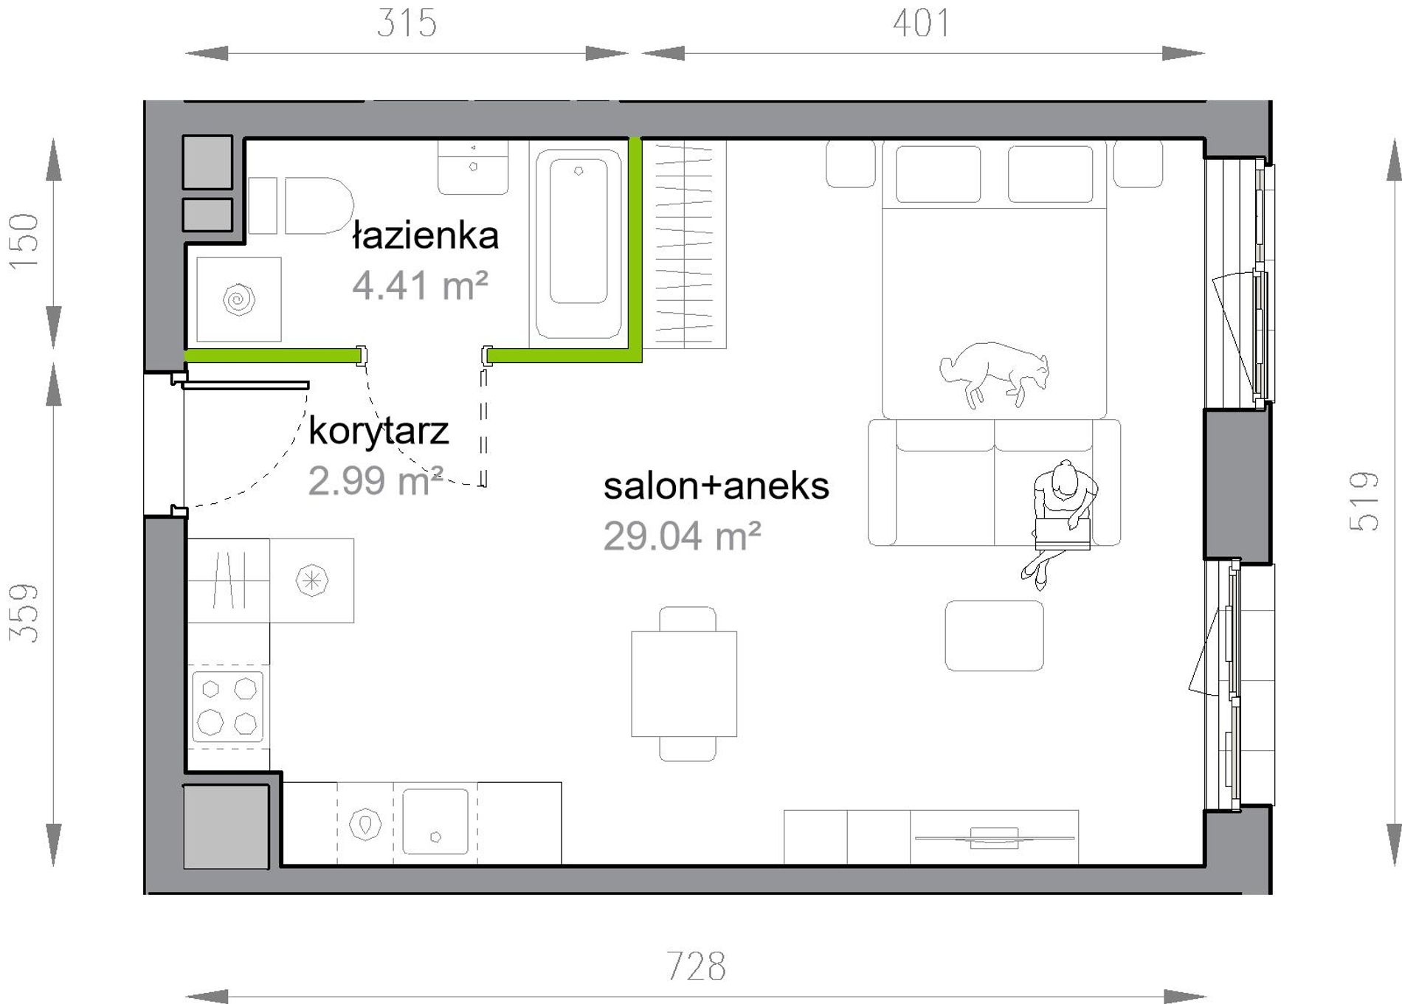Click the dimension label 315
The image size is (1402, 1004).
[x=407, y=23]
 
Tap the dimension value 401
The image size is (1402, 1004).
[x=921, y=23]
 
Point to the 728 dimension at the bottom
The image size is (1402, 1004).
[x=696, y=966]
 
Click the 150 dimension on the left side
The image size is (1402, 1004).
[x=24, y=241]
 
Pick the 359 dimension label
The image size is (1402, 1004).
[x=24, y=613]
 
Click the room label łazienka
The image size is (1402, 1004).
[x=426, y=235]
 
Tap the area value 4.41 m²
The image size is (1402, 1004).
[x=420, y=285]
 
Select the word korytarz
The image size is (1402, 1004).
[x=379, y=432]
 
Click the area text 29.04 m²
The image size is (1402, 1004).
[x=683, y=536]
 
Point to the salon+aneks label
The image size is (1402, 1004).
[x=716, y=486]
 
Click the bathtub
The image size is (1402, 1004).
[x=579, y=243]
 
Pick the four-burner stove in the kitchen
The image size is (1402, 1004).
[x=227, y=707]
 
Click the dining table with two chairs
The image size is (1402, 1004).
[x=685, y=684]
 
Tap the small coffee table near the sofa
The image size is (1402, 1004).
[x=995, y=636]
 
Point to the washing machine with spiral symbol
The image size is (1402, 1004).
[x=239, y=300]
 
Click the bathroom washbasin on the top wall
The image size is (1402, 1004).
[x=473, y=168]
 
